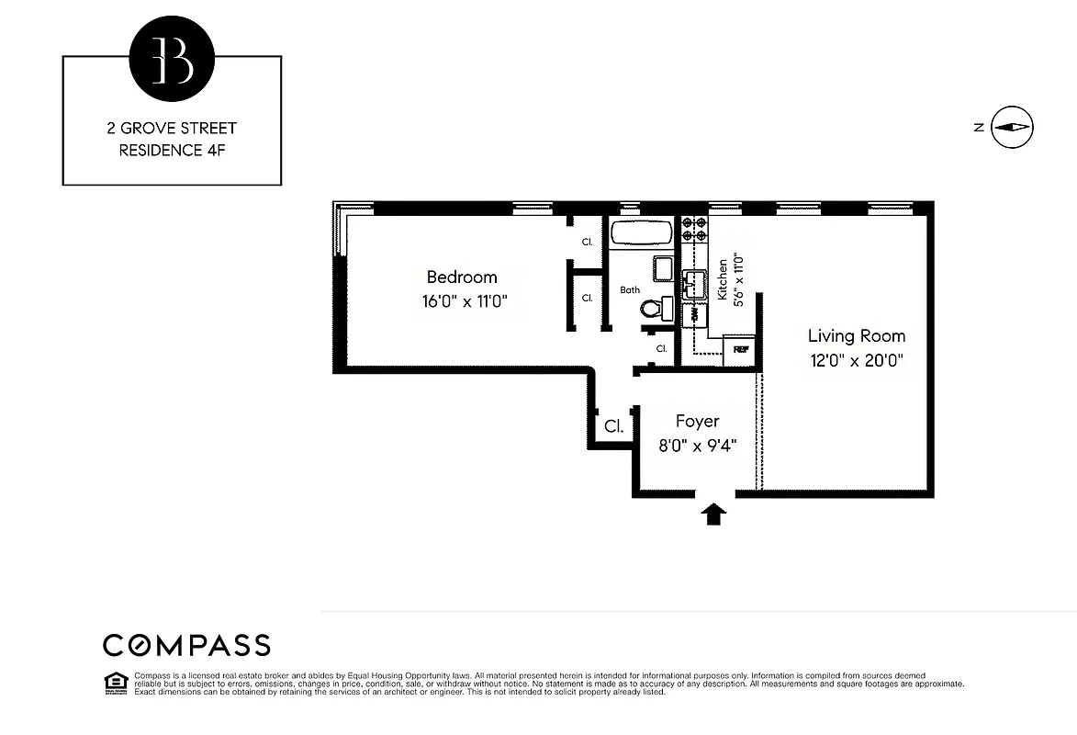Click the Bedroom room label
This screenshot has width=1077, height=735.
coord(462,277)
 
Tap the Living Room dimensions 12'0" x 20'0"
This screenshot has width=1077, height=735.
coord(856,361)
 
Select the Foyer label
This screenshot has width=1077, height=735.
coord(697,421)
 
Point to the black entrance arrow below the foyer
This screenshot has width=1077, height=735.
coord(713,514)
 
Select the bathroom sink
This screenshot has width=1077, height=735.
coord(664,267)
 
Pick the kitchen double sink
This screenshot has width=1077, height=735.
coord(692,282)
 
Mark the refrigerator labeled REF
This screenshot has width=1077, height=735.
coord(740,350)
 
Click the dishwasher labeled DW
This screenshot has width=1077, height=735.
coord(693,313)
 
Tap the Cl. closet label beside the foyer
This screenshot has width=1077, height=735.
coord(613,427)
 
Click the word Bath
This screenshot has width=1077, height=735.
coord(630,290)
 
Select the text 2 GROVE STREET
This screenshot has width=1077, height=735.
coord(172,129)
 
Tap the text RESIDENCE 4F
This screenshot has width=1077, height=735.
coord(172,151)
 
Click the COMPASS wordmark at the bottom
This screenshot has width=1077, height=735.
coord(186,645)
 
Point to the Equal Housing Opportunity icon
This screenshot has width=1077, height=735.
coord(116,682)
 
